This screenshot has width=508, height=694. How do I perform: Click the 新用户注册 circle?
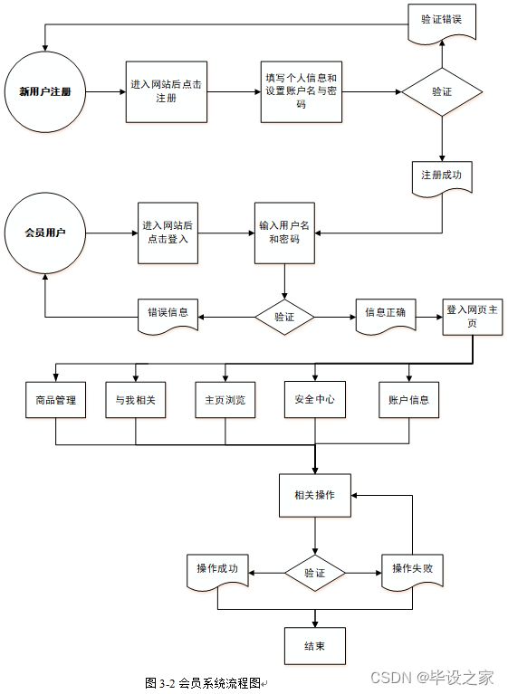coord(44,91)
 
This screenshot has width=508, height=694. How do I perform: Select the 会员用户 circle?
coord(44,233)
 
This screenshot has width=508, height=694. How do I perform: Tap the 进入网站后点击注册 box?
coord(167,91)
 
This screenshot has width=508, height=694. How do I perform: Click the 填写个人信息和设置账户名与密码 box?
coord(302,91)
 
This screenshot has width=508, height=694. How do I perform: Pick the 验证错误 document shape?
coord(442,23)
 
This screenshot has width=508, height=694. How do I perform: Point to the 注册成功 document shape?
coord(442,178)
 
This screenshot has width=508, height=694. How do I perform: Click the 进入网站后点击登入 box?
coord(168,233)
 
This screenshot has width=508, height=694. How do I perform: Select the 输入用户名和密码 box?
coord(284,233)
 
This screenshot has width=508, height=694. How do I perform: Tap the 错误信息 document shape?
coord(168,316)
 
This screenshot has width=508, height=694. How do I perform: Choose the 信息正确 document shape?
coord(386,316)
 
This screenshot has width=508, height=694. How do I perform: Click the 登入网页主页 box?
coord(473,317)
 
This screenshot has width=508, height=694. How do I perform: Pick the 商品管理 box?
coord(56,400)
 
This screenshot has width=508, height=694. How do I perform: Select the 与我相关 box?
coord(136,400)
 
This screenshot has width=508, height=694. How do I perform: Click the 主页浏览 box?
coord(225,400)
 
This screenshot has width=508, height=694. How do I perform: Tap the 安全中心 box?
coord(315,400)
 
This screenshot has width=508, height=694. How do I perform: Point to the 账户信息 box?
coord(408,400)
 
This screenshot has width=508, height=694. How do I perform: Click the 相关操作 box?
coord(315,495)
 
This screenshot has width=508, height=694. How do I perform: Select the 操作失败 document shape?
coord(412,572)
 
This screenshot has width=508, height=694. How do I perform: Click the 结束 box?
coord(315,646)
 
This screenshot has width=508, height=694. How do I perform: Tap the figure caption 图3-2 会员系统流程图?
coord(203,683)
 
